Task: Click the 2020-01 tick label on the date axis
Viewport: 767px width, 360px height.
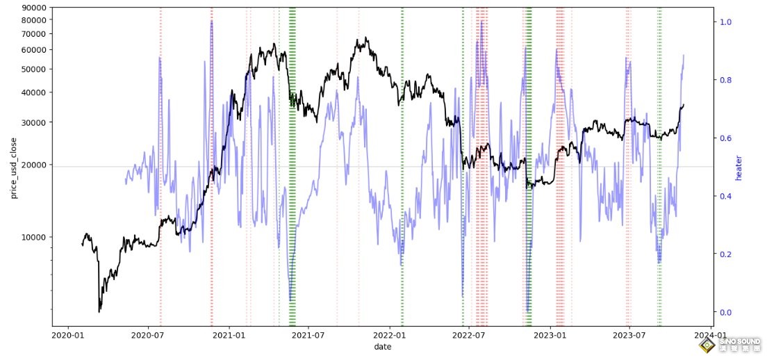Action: coord(67,335)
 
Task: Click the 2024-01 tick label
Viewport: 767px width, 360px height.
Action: coord(711,335)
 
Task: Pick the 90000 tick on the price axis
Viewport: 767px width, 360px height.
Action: coord(34,8)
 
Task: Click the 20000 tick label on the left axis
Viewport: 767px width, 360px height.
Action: coord(34,165)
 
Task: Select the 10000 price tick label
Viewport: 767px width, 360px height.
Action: coord(34,237)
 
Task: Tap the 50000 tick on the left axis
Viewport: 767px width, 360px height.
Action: coord(34,69)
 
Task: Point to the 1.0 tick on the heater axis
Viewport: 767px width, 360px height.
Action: coord(725,22)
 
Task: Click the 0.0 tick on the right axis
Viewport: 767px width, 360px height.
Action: coord(725,312)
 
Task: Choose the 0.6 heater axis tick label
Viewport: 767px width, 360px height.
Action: coord(725,138)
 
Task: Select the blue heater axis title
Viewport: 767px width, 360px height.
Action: coord(739,167)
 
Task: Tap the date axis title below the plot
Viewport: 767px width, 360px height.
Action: coord(382,346)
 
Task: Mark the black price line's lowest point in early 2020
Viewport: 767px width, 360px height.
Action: coord(99,312)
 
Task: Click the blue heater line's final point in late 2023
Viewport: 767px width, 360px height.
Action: coord(684,55)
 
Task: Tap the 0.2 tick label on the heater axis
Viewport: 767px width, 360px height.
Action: coord(725,254)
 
